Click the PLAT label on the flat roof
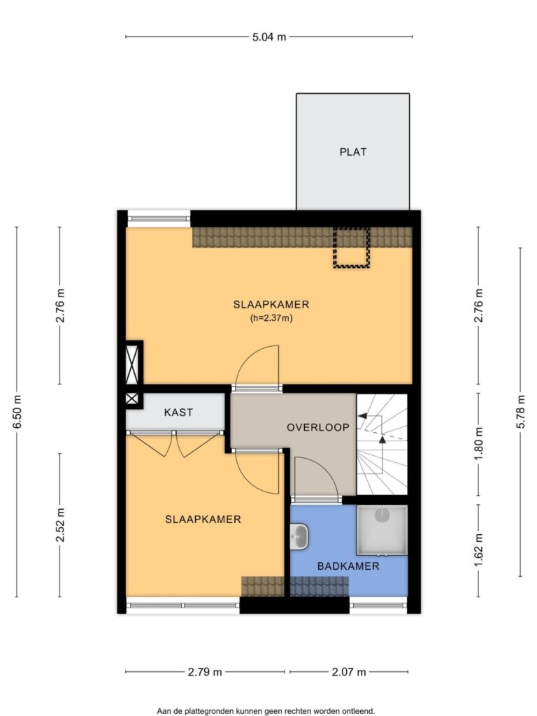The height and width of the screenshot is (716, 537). pos(353,152)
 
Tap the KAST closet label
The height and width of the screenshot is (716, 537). pos(178,413)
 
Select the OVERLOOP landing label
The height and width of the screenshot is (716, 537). pos(318,427)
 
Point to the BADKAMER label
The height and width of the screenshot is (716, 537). pos(348,566)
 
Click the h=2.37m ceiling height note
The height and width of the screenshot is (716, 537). pos(271,318)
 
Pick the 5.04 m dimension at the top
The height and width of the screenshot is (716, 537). pos(269,37)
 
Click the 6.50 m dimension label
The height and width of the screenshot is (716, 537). pos(17,411)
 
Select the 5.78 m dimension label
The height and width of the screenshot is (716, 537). pos(520,411)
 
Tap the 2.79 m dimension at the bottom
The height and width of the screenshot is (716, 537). pos(205,672)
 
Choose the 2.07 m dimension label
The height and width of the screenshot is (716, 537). pos(349,672)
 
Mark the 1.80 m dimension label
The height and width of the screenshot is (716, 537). pos(478,444)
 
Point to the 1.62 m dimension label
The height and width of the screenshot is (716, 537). pos(478,550)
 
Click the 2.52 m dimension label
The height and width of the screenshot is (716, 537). pos(60,524)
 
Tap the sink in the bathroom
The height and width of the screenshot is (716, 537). pos(299,536)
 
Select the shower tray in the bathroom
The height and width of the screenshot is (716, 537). pos(382,530)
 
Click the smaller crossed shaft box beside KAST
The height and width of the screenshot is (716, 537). pos(131,399)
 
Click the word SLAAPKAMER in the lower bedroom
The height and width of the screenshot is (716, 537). pos(203,520)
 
